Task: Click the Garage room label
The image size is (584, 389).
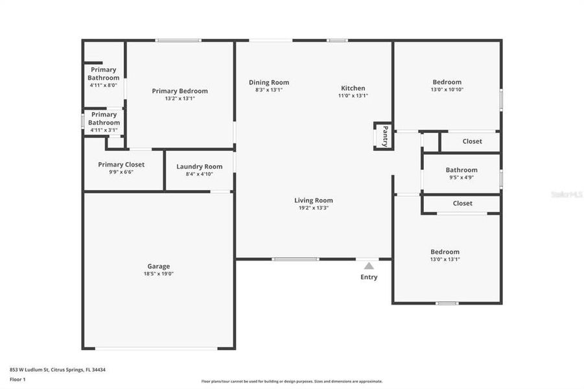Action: coord(159,266)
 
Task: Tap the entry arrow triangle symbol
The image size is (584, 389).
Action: coord(369,266)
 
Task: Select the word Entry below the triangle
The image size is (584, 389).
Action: coord(369,277)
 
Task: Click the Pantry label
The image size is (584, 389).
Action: coord(384,136)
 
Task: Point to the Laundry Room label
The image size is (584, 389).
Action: coord(199,167)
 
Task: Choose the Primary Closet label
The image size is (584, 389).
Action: coord(121,165)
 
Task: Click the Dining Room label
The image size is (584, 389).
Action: coord(269,82)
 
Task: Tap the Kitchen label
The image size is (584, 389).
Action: coord(353,88)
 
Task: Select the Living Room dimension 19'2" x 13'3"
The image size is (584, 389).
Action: coord(314,208)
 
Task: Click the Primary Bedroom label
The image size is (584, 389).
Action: coord(180,91)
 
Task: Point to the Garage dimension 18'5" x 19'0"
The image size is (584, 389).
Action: coord(159,274)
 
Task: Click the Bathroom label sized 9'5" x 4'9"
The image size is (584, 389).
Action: coord(461,170)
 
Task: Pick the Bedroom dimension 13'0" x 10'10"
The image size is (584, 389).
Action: coord(447,89)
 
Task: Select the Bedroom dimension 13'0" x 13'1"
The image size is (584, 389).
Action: coord(445,259)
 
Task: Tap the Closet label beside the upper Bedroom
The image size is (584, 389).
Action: coord(472,141)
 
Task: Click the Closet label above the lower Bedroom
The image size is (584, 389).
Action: coord(463,203)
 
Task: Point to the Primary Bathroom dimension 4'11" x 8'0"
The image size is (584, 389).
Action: coord(104,85)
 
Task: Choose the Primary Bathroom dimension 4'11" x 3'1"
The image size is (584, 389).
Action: coord(104,130)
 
